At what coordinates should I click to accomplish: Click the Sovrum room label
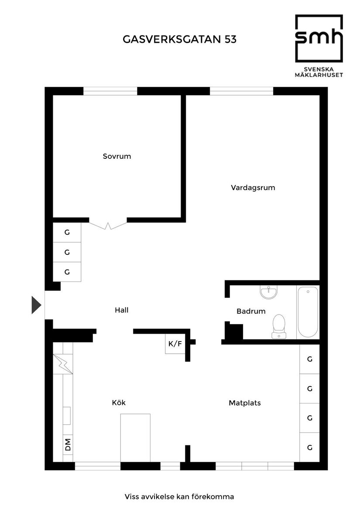tap(117, 156)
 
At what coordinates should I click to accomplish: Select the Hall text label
tap(121, 311)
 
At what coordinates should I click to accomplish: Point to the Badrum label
tap(251, 311)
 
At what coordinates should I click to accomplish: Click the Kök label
tap(119, 403)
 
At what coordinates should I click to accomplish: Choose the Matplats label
tap(244, 403)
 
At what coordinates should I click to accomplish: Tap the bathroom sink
tap(268, 292)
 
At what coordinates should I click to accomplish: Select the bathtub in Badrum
tap(308, 312)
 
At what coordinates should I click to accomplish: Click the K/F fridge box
tap(175, 344)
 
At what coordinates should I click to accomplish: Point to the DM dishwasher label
tap(68, 445)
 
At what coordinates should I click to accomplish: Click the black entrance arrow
tap(36, 305)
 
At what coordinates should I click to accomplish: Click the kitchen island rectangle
tap(135, 437)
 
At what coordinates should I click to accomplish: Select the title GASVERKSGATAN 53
tap(180, 40)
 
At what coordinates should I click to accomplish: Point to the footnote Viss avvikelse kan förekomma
tap(179, 497)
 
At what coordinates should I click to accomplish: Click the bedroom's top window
tap(110, 91)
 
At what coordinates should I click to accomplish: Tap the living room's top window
tap(241, 91)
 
